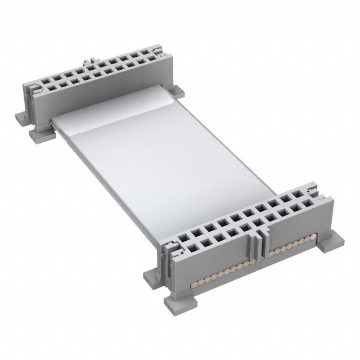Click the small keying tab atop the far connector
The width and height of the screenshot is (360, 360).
click(x=89, y=60)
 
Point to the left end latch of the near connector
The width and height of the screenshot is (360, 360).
click(x=171, y=247)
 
